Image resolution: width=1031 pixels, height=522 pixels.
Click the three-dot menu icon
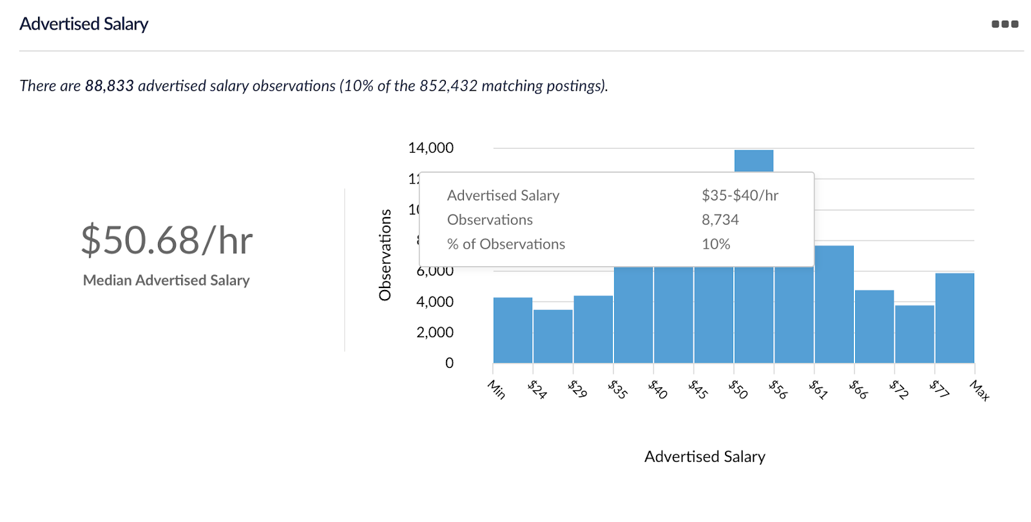click(x=1005, y=24)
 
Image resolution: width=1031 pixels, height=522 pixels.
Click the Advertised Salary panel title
click(x=84, y=24)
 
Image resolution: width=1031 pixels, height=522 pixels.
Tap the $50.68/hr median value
click(x=167, y=240)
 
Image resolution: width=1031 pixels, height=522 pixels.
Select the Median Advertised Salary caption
click(x=166, y=280)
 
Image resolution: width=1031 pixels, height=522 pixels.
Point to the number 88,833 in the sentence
click(x=110, y=86)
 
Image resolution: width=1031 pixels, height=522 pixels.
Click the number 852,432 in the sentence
click(x=448, y=86)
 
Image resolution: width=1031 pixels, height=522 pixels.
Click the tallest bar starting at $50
click(x=754, y=160)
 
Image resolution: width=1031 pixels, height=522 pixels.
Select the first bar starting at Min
click(x=513, y=330)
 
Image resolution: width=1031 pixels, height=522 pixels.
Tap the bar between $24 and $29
click(x=553, y=336)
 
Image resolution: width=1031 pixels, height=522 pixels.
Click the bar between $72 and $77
click(x=914, y=334)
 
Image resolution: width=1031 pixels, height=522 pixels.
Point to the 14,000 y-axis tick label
click(x=430, y=148)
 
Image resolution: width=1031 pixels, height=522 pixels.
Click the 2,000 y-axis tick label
click(x=435, y=333)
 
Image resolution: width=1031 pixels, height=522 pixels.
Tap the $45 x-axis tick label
click(x=698, y=389)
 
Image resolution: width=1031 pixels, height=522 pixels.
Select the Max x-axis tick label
click(x=979, y=391)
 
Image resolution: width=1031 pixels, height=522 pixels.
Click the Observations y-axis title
click(x=385, y=255)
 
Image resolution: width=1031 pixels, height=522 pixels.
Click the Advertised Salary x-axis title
click(x=704, y=457)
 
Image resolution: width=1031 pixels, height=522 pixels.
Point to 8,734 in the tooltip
click(x=720, y=220)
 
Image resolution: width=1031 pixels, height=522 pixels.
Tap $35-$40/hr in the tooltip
click(x=740, y=195)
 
